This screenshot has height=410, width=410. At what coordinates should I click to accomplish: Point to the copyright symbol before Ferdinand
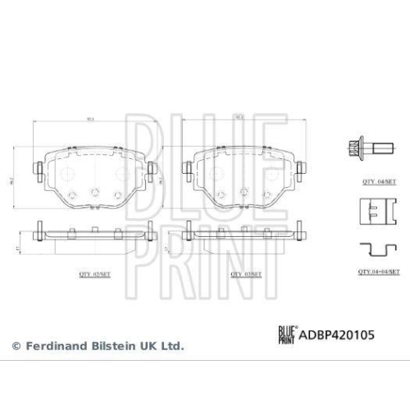tap(15, 346)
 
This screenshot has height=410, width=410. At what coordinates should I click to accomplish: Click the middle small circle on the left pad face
tap(95, 192)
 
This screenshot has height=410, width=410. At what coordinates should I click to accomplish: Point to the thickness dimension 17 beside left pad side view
tap(19, 246)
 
